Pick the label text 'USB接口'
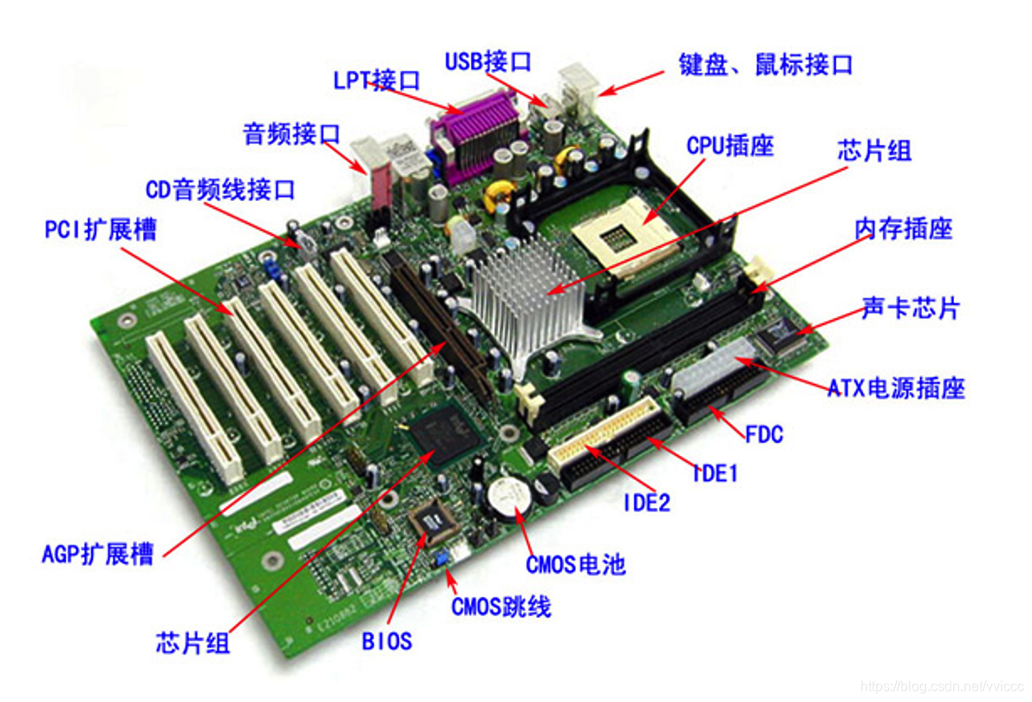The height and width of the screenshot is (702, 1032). point(488,62)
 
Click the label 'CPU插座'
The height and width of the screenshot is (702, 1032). point(730,146)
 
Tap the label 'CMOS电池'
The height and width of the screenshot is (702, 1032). point(575,564)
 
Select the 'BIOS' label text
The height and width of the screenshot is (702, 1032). point(387,641)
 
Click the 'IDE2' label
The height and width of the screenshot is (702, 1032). point(646,504)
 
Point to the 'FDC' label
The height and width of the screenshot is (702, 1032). point(763,434)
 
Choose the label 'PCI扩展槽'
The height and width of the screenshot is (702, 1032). point(101,230)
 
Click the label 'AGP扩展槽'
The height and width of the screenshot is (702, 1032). point(97,554)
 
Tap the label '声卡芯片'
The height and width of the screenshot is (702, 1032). point(911,308)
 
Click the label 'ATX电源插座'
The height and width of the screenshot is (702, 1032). point(896,388)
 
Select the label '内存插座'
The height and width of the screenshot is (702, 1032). point(904,229)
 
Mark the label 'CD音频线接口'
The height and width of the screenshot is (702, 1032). point(219,190)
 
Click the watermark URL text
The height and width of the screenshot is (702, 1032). point(942,686)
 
